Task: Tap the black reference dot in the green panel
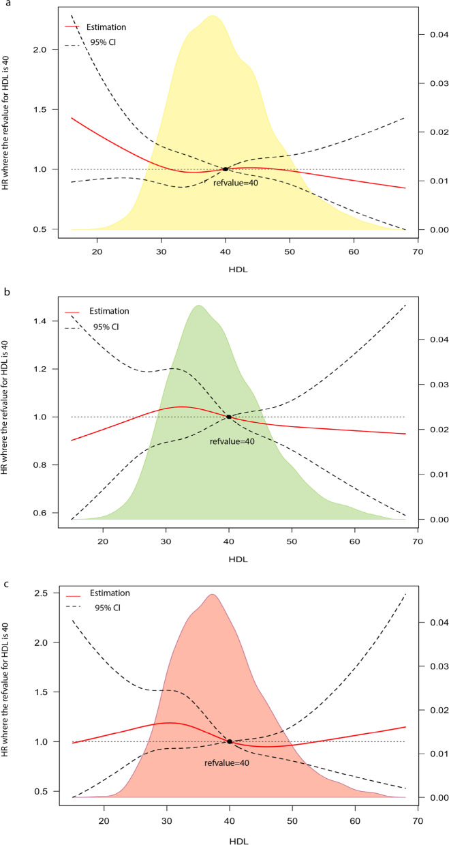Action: [229, 417]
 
